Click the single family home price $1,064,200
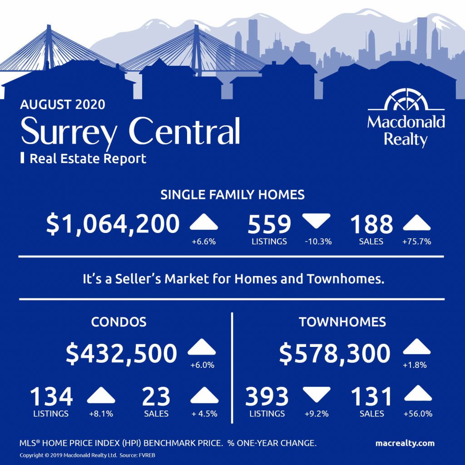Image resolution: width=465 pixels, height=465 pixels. point(113,224)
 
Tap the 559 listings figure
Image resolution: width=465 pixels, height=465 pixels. point(269,224)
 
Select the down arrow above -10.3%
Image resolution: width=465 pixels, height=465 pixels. point(316,220)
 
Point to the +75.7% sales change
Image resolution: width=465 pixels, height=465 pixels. point(416,242)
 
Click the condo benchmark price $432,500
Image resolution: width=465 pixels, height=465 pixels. point(121,353)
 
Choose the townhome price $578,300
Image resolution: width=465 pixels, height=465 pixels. point(335,353)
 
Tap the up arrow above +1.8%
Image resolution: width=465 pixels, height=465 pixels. point(416,346)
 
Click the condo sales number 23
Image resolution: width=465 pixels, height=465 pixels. point(156,396)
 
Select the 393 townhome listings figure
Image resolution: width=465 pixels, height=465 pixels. point(267,396)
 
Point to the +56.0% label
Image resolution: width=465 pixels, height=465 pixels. point(418,414)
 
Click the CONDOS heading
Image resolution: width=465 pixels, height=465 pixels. point(119,322)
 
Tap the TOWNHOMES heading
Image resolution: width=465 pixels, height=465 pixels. point(342,322)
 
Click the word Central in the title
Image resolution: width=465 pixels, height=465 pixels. point(184,131)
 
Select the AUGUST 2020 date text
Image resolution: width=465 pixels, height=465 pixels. point(63,105)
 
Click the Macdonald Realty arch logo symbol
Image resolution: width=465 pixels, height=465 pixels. point(406,99)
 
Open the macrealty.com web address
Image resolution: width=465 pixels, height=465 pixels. point(405,443)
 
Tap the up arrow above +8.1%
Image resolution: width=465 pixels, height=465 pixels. point(101,395)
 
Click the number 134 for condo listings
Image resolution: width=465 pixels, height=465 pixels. point(51,396)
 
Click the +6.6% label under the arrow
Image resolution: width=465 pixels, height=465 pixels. point(203,242)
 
